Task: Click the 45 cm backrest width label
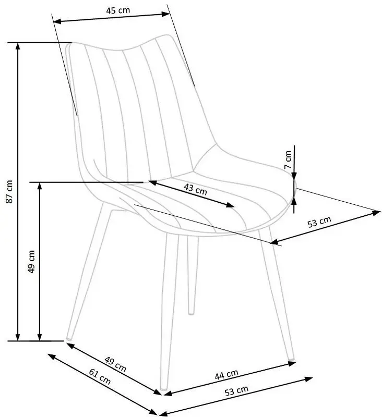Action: [118, 10]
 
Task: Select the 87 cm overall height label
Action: [9, 192]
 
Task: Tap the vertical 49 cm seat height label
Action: [31, 262]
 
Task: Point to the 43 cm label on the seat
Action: [195, 189]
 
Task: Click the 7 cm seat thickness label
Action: [288, 160]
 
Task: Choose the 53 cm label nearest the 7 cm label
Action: [319, 222]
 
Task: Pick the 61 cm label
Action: [100, 377]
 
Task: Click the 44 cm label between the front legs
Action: [226, 374]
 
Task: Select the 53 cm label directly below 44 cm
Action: [236, 390]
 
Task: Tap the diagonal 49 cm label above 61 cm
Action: [115, 364]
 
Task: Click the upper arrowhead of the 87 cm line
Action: [18, 46]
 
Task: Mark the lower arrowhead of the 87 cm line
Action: [18, 337]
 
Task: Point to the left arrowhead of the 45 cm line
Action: [57, 21]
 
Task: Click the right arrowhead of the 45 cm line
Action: [165, 14]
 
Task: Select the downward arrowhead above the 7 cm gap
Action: [294, 176]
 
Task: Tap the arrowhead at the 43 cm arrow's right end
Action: [231, 205]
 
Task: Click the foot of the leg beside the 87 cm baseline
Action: [69, 338]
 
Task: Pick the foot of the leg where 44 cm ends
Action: [292, 359]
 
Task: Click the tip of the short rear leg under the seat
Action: [191, 313]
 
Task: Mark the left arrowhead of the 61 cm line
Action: [51, 356]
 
